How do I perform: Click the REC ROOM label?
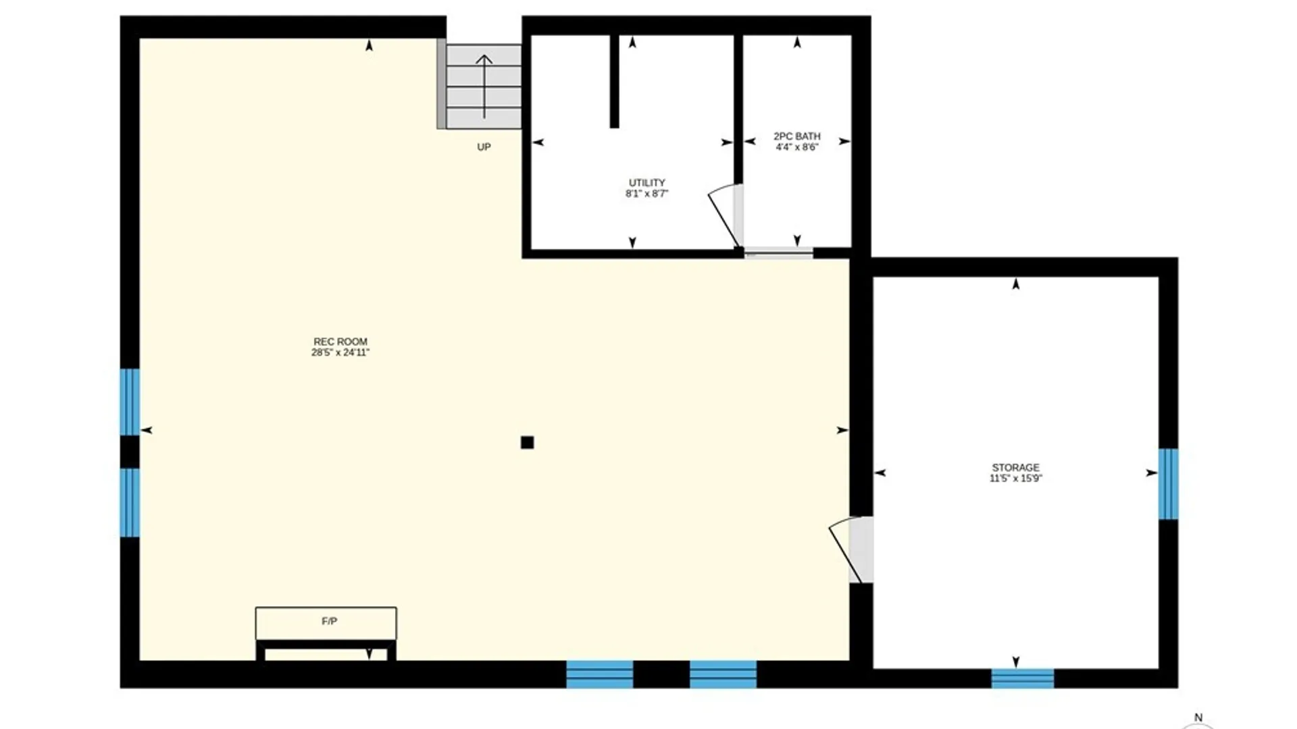coord(340,342)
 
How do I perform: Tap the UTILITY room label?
coord(647,183)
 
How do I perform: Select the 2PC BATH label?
coord(797,136)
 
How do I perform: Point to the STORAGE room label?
coord(1016,467)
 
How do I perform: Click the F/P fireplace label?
coord(329,621)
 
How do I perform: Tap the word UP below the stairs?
coord(484,147)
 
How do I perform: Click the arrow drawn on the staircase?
coord(484,86)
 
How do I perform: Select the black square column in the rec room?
coord(528,443)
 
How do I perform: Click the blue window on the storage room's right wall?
coord(1169,484)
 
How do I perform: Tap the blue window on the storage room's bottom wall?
coord(1023,678)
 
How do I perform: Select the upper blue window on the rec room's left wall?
coord(130,402)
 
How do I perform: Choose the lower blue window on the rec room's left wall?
coord(130,503)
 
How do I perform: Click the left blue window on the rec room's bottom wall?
coord(600,674)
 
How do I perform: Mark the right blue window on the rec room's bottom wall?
coord(723,674)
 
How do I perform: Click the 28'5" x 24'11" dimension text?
coord(340,352)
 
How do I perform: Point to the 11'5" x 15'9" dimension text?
coord(1016,479)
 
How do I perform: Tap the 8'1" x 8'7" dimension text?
coord(647,194)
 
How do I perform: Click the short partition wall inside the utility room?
coord(615,81)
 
